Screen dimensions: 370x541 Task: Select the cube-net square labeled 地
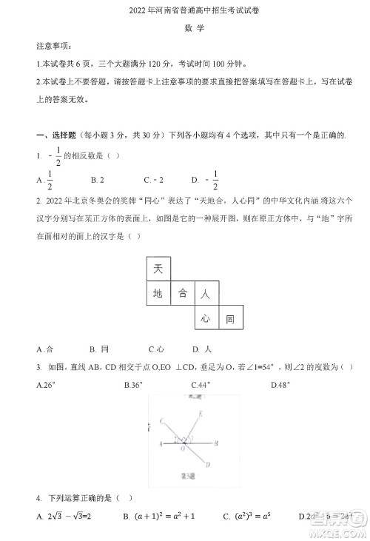(x=157, y=294)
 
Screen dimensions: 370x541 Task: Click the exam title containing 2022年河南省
(x=184, y=11)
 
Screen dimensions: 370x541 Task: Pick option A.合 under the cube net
(x=45, y=349)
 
